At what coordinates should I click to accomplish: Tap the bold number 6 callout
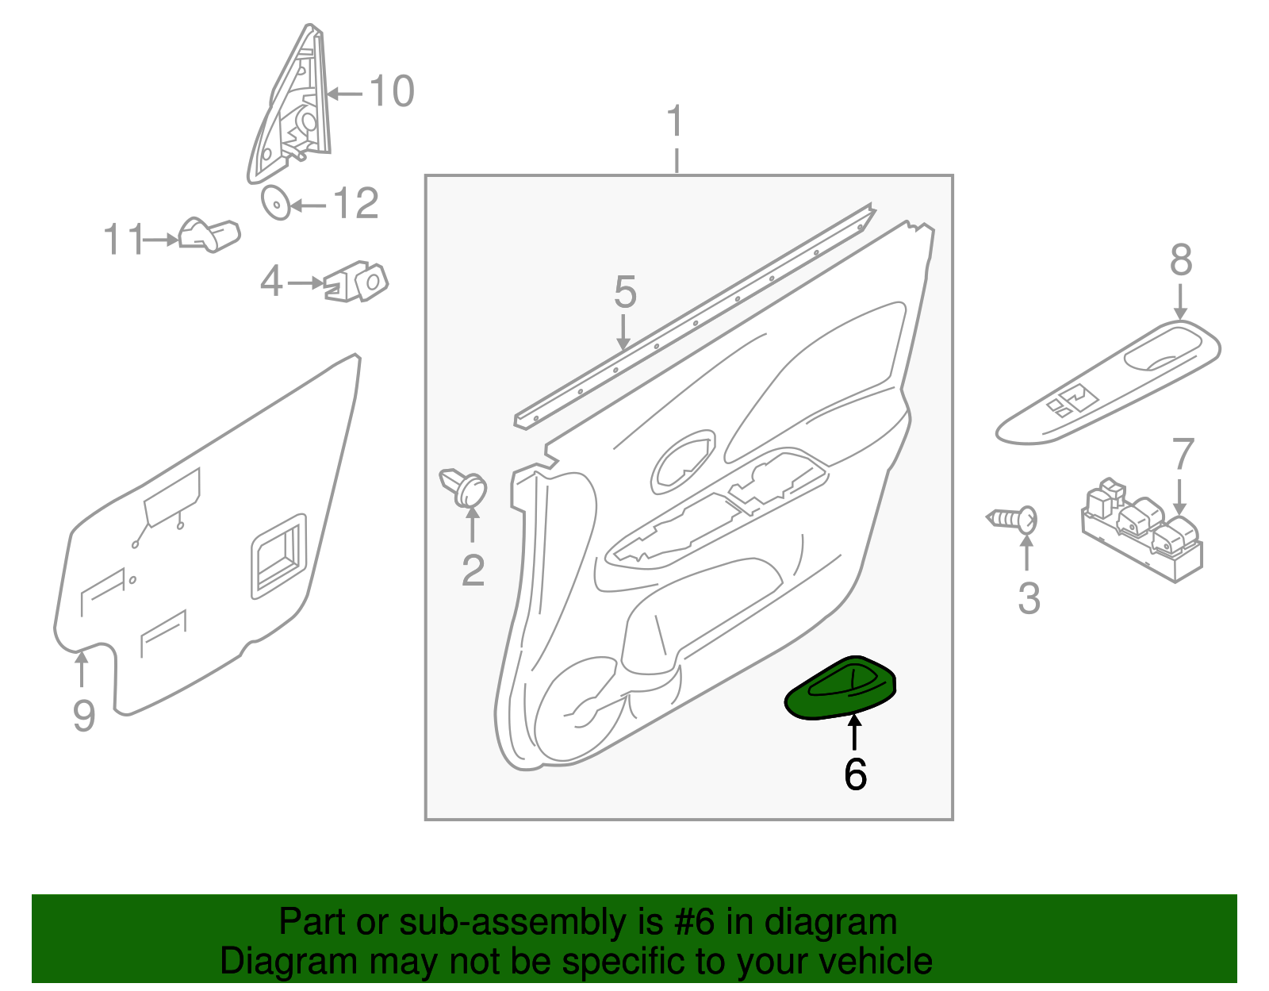click(855, 774)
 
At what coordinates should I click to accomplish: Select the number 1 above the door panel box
click(675, 122)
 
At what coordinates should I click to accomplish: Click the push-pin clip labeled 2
click(466, 486)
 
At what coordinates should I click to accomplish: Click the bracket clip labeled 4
click(358, 282)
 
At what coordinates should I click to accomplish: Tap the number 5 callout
click(625, 293)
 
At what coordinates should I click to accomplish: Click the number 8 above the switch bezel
click(1180, 260)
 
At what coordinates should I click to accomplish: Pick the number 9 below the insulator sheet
click(83, 716)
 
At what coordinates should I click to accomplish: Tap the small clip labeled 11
click(209, 234)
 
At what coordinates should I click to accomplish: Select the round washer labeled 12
click(275, 203)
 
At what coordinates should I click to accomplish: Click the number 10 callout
click(391, 91)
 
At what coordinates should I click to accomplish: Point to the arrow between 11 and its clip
click(161, 239)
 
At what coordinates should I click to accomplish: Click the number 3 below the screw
click(1029, 598)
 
